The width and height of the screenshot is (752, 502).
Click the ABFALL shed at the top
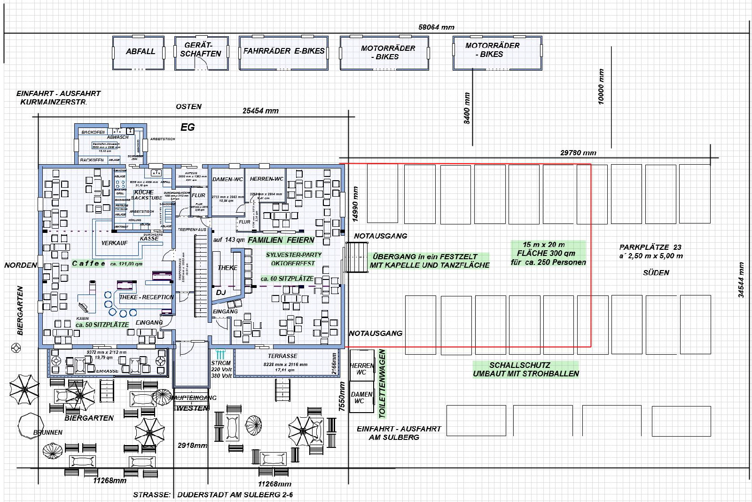(x=140, y=52)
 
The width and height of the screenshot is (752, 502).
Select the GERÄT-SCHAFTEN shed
(x=201, y=49)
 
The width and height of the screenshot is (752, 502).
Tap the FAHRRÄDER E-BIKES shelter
(x=283, y=51)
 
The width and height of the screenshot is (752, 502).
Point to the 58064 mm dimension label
(x=436, y=27)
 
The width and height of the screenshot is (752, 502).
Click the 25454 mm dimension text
(x=260, y=111)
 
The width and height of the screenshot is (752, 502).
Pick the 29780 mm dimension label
(x=578, y=153)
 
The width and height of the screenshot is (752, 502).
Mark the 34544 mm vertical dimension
(x=741, y=280)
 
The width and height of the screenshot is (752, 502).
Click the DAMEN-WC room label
(x=227, y=179)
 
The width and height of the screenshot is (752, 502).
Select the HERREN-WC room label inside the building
(x=266, y=179)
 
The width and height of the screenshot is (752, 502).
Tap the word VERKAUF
(x=115, y=243)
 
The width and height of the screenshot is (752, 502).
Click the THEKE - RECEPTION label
(x=146, y=297)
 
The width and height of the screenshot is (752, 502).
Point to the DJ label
(x=221, y=293)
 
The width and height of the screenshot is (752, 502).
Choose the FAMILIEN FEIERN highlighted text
(x=281, y=240)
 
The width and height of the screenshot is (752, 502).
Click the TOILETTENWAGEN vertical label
(x=382, y=383)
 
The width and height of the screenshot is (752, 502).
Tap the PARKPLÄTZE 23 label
(x=650, y=247)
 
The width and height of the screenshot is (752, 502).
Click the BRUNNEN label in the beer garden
(x=48, y=432)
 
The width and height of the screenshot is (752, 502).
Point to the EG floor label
(x=188, y=127)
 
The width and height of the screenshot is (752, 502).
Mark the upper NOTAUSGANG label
(x=381, y=236)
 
